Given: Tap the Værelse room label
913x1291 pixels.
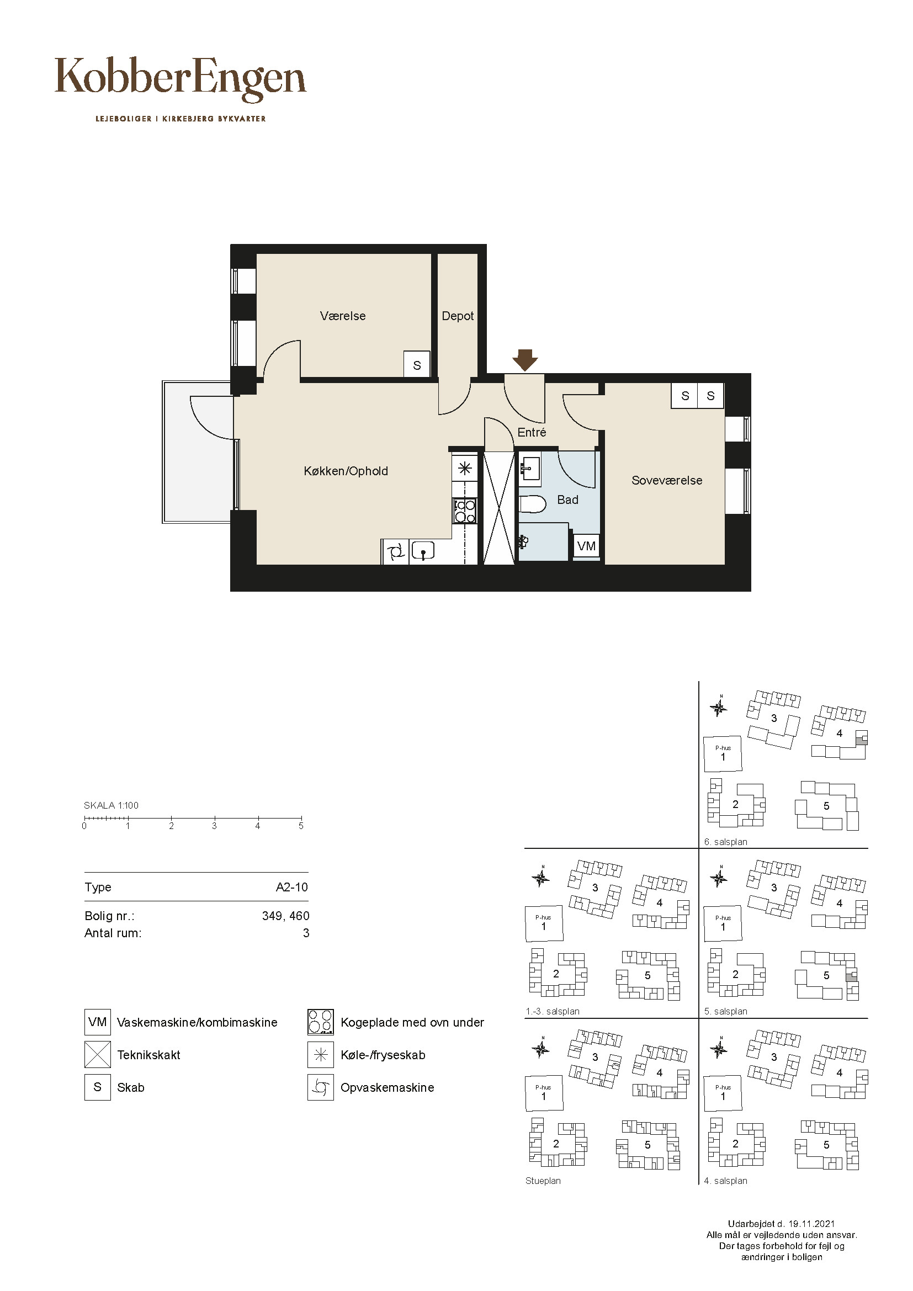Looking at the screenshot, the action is (x=343, y=316).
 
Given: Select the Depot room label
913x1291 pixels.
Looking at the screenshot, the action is (x=458, y=316).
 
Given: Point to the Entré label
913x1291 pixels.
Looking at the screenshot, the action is (x=532, y=432).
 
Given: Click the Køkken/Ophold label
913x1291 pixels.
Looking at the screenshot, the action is (x=346, y=471).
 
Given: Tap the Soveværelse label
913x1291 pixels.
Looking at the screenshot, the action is (x=667, y=480).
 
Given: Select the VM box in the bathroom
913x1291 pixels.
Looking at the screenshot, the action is (x=586, y=545).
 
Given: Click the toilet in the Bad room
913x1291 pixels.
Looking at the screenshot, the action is (x=532, y=504).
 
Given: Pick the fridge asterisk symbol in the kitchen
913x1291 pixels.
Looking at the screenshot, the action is (x=465, y=469).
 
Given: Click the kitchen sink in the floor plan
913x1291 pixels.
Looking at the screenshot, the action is (x=422, y=551).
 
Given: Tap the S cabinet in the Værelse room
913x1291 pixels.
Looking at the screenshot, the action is (x=417, y=365).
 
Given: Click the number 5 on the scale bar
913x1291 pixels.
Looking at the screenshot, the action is (x=301, y=826).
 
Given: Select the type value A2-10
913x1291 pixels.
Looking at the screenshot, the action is (x=292, y=888).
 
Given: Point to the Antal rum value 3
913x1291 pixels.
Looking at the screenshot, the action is (x=306, y=933).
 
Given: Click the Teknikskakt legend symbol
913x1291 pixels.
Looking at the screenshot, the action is (x=97, y=1055).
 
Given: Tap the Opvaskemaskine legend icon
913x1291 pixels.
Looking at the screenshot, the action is (x=321, y=1087).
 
